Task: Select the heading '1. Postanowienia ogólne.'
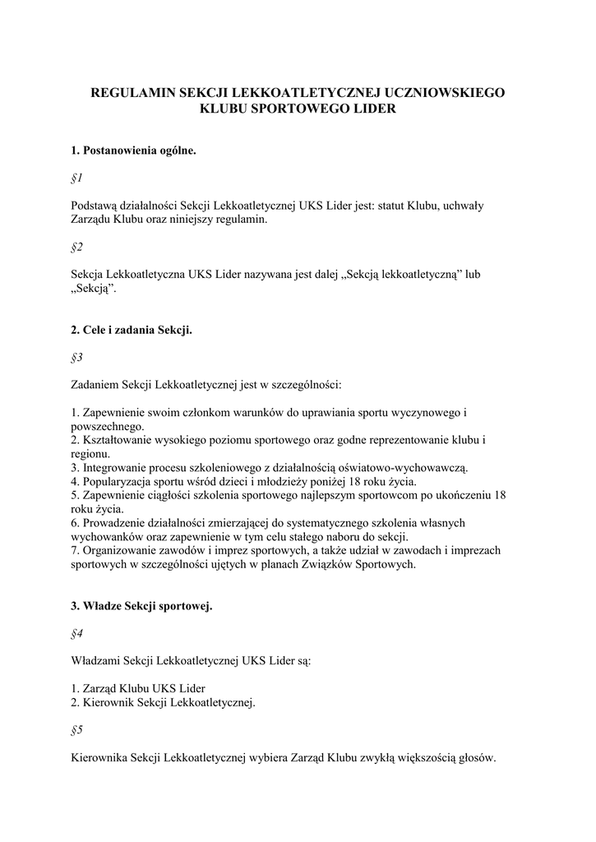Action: tap(133, 151)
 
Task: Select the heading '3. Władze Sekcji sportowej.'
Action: tap(141, 607)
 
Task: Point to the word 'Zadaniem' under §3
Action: tap(95, 384)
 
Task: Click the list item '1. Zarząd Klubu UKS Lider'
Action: tap(138, 687)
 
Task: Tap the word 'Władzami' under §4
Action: tap(96, 660)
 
